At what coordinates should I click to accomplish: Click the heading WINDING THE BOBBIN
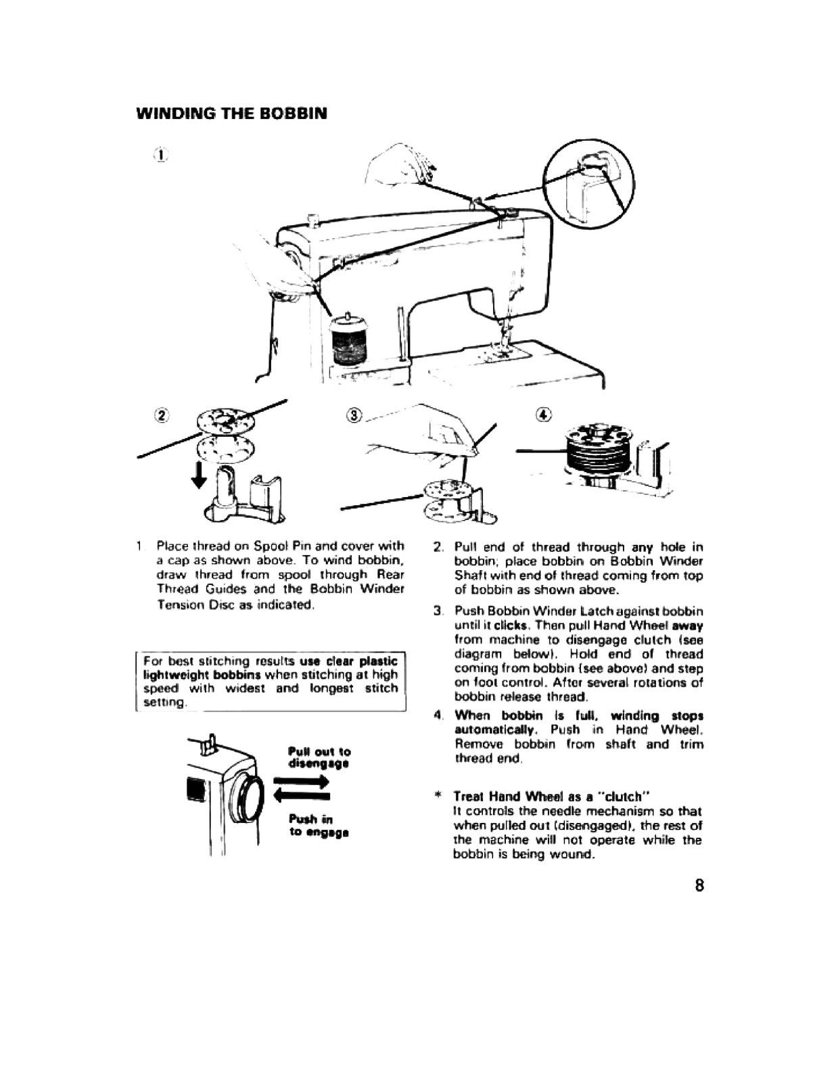[x=232, y=113]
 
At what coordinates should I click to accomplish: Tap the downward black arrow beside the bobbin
[x=198, y=475]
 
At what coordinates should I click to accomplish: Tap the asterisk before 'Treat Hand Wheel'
[x=438, y=796]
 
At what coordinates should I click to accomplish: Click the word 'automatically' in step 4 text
[x=496, y=730]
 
